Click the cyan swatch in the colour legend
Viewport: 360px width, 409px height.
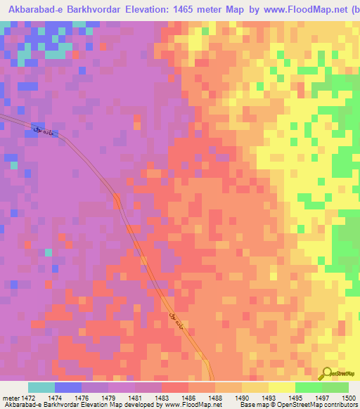point(41,387)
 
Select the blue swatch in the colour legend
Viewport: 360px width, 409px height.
point(68,387)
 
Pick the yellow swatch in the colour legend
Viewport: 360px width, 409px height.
point(281,387)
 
